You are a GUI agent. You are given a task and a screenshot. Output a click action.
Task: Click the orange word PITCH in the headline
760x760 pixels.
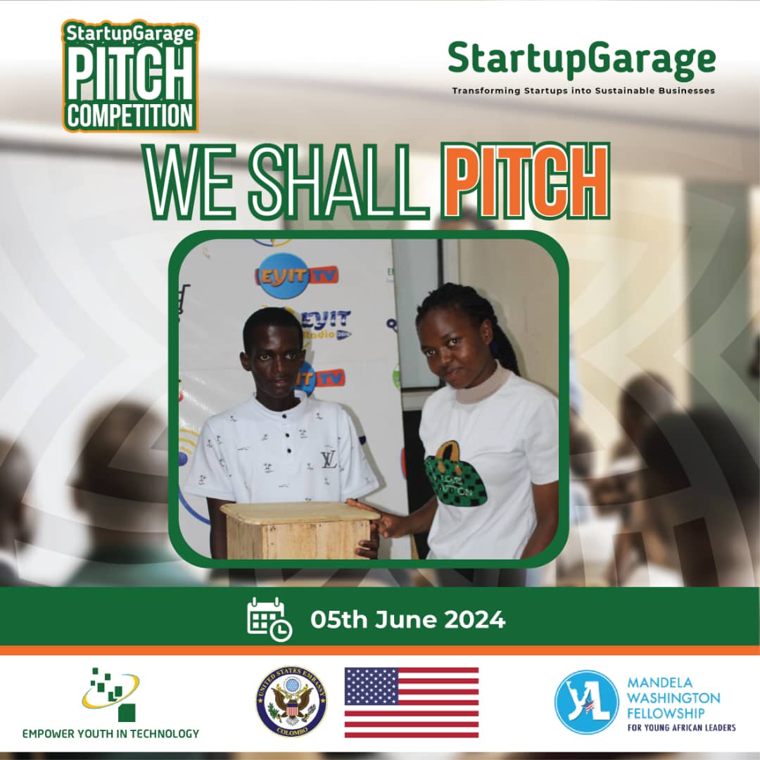(x=527, y=182)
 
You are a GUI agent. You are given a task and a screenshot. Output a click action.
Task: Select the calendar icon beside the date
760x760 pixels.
(x=269, y=619)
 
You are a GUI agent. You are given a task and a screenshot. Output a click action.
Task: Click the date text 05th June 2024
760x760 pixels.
(x=407, y=620)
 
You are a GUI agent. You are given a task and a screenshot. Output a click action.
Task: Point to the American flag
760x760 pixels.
(x=411, y=702)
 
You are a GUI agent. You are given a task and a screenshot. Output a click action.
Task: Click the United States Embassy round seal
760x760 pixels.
(x=291, y=702)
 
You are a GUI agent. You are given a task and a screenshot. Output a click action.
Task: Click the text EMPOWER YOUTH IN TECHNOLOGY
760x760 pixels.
(x=110, y=733)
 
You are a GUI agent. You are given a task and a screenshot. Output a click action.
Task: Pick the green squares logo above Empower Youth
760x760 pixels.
(x=111, y=693)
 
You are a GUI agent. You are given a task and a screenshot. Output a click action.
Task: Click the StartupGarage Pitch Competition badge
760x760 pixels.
(x=130, y=76)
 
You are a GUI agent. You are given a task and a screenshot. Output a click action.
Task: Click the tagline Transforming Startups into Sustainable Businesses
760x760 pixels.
(x=583, y=91)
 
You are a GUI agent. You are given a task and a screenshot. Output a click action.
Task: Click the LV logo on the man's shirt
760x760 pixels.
(x=329, y=460)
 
